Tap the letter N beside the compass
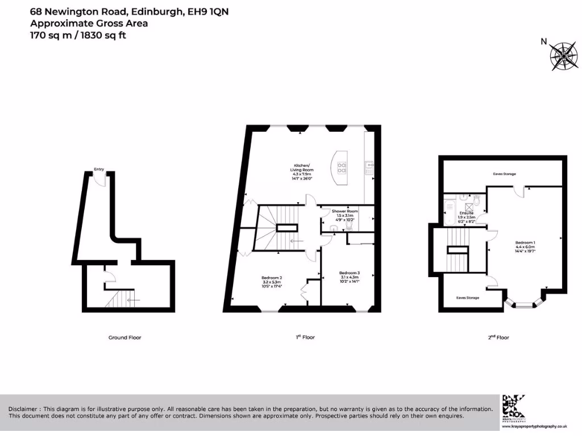tap(543, 41)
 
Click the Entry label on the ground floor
tap(99, 169)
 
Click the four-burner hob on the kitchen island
tap(343, 167)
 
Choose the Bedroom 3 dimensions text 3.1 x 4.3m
tap(349, 276)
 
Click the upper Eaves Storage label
tap(504, 174)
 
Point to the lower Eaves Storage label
tap(467, 297)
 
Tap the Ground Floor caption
tap(124, 337)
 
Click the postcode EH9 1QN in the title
tap(208, 11)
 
